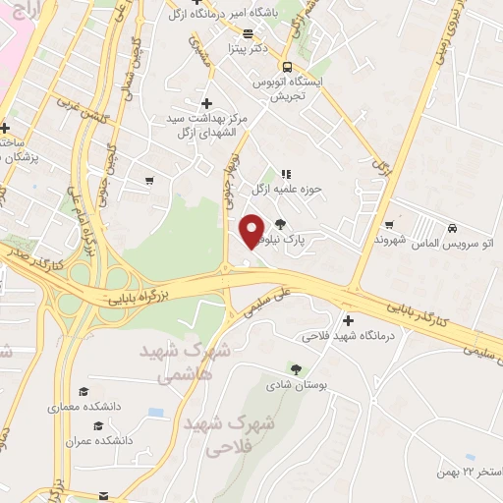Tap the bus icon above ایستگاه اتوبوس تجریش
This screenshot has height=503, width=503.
click(286, 67)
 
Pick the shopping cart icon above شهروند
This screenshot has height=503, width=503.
click(390, 224)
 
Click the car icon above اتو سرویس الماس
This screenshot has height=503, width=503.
click(453, 225)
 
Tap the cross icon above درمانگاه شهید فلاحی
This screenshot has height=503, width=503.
click(348, 320)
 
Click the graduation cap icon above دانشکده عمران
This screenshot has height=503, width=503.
click(97, 425)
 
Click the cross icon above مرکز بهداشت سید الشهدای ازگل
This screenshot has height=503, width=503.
click(205, 103)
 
